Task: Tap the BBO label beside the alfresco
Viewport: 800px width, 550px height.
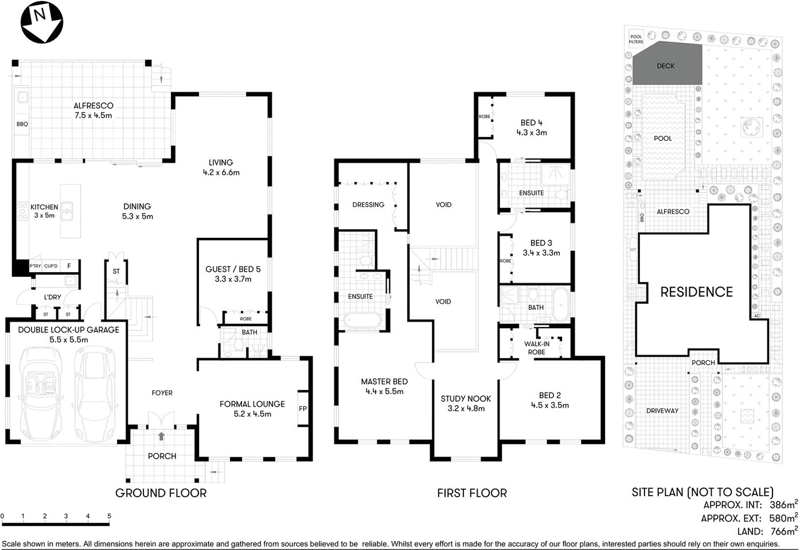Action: [x=22, y=124]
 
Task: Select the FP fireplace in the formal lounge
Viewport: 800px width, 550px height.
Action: [x=302, y=409]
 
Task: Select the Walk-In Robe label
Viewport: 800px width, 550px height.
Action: [x=536, y=348]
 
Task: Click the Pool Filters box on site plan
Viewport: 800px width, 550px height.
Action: [x=636, y=39]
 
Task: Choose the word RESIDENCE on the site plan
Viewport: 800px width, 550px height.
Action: [x=696, y=292]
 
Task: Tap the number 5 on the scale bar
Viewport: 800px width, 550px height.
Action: [x=109, y=516]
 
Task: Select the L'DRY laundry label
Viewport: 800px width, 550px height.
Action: [x=53, y=297]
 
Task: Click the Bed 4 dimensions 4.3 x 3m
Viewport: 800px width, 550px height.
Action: [x=531, y=132]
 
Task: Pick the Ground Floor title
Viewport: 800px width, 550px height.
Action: [x=161, y=493]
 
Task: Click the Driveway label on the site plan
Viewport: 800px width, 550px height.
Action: [x=662, y=411]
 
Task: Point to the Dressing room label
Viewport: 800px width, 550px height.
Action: [x=368, y=205]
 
